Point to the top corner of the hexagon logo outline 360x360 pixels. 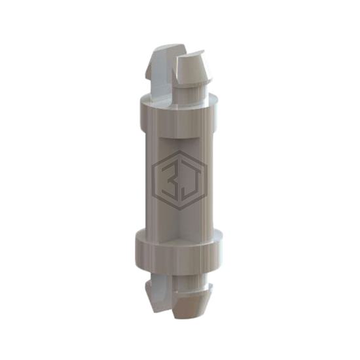(179, 151)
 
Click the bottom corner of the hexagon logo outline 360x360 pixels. (180, 210)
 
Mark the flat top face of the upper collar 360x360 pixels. (179, 101)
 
